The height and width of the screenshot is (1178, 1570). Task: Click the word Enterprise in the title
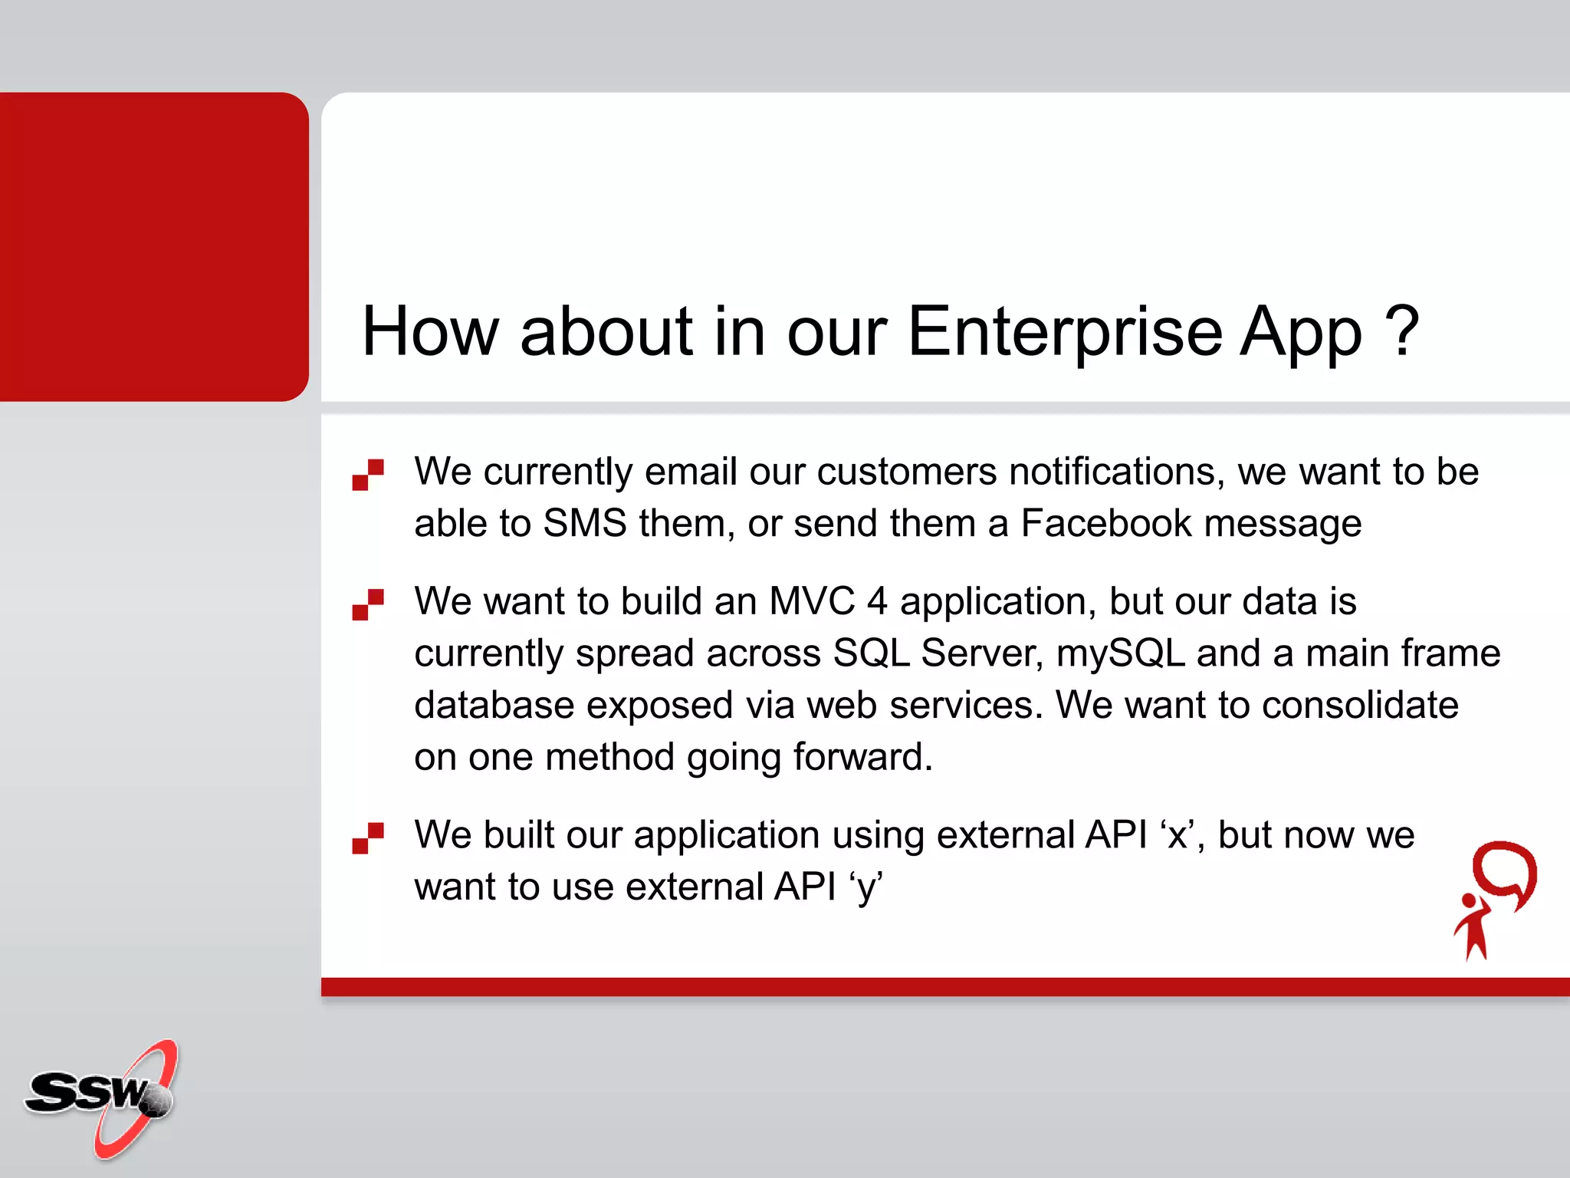[x=1065, y=331]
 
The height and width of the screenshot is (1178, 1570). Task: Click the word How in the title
[x=429, y=331]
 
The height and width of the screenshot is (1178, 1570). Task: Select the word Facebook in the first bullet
[x=1105, y=523]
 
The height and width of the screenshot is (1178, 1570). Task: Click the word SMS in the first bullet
[x=585, y=523]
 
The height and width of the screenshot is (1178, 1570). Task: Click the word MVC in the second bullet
[x=811, y=601]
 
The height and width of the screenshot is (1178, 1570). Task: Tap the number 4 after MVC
[x=877, y=601]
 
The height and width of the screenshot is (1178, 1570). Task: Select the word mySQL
[x=1120, y=653]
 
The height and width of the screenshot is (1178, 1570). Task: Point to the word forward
[x=862, y=757]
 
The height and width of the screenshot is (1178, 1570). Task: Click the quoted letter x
[x=1177, y=836]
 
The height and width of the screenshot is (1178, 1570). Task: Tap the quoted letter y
[x=866, y=888]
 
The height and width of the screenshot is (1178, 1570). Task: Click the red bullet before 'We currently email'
[x=368, y=474]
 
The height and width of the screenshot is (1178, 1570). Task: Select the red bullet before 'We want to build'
[x=368, y=604]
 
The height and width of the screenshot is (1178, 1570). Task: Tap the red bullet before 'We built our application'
[x=368, y=837]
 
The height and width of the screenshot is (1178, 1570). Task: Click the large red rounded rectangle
[x=153, y=246]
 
